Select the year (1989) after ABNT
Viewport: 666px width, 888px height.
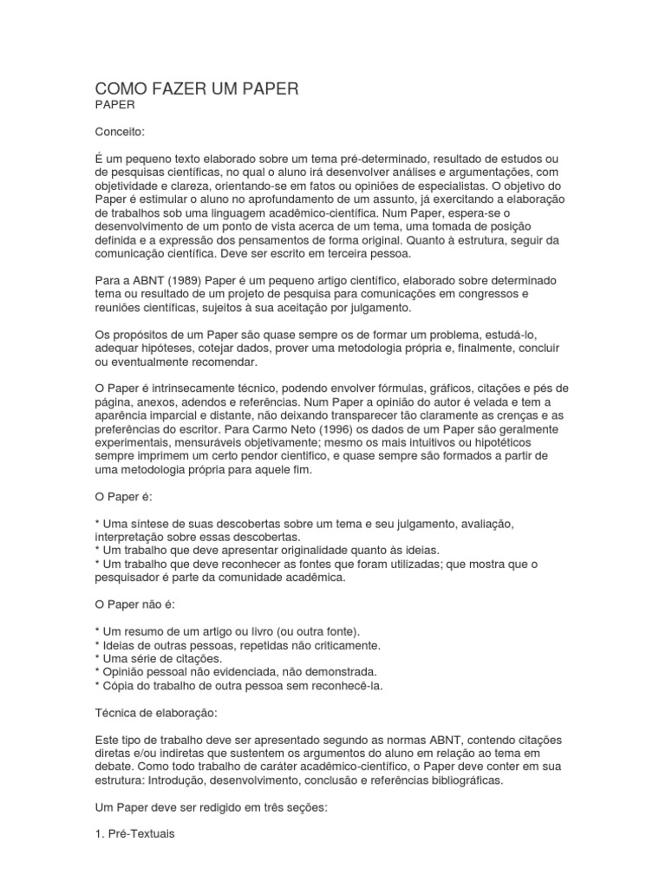(185, 281)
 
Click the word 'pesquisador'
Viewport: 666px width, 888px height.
(130, 578)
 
